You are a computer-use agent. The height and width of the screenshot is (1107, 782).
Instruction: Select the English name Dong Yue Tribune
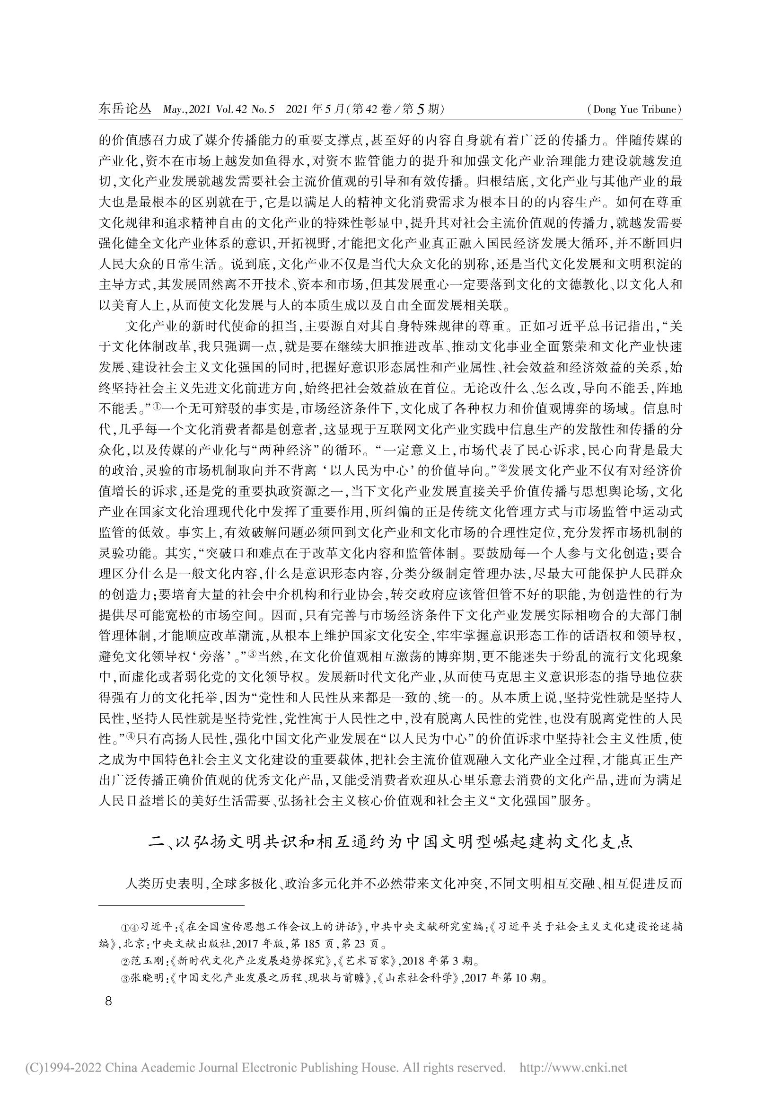(x=635, y=110)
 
